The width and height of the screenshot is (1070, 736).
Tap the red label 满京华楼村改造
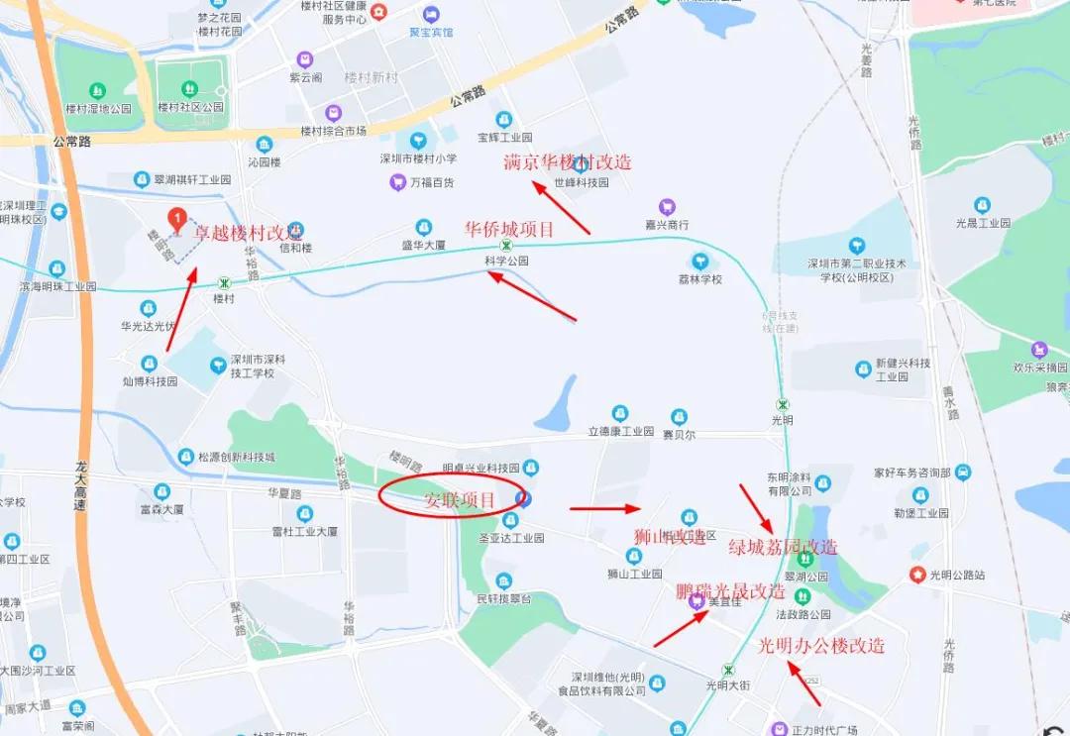[x=568, y=162]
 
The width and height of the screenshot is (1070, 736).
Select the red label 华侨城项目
[x=509, y=229]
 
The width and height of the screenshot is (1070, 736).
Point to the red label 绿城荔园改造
[x=783, y=547]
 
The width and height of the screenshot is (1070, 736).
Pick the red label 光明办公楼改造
[x=821, y=646]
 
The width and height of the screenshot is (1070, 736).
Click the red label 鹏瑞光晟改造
[x=731, y=592]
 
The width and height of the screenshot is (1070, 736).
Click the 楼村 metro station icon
[x=225, y=282]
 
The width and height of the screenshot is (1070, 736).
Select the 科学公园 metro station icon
[x=506, y=245]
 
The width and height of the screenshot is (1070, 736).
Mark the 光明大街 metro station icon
[x=729, y=670]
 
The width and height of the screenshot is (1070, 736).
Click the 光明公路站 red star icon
[x=917, y=575]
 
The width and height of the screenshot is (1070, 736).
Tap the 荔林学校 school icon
[x=700, y=261]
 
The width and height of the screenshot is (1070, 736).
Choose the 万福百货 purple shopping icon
[x=397, y=182]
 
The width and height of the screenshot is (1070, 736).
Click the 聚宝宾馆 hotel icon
[x=431, y=15]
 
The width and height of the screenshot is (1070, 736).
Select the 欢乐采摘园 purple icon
[x=1039, y=350]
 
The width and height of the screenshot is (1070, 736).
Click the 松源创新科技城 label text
[x=236, y=457]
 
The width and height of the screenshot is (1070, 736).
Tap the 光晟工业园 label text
[x=983, y=223]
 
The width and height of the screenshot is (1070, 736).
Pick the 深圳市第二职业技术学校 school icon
[x=857, y=246]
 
